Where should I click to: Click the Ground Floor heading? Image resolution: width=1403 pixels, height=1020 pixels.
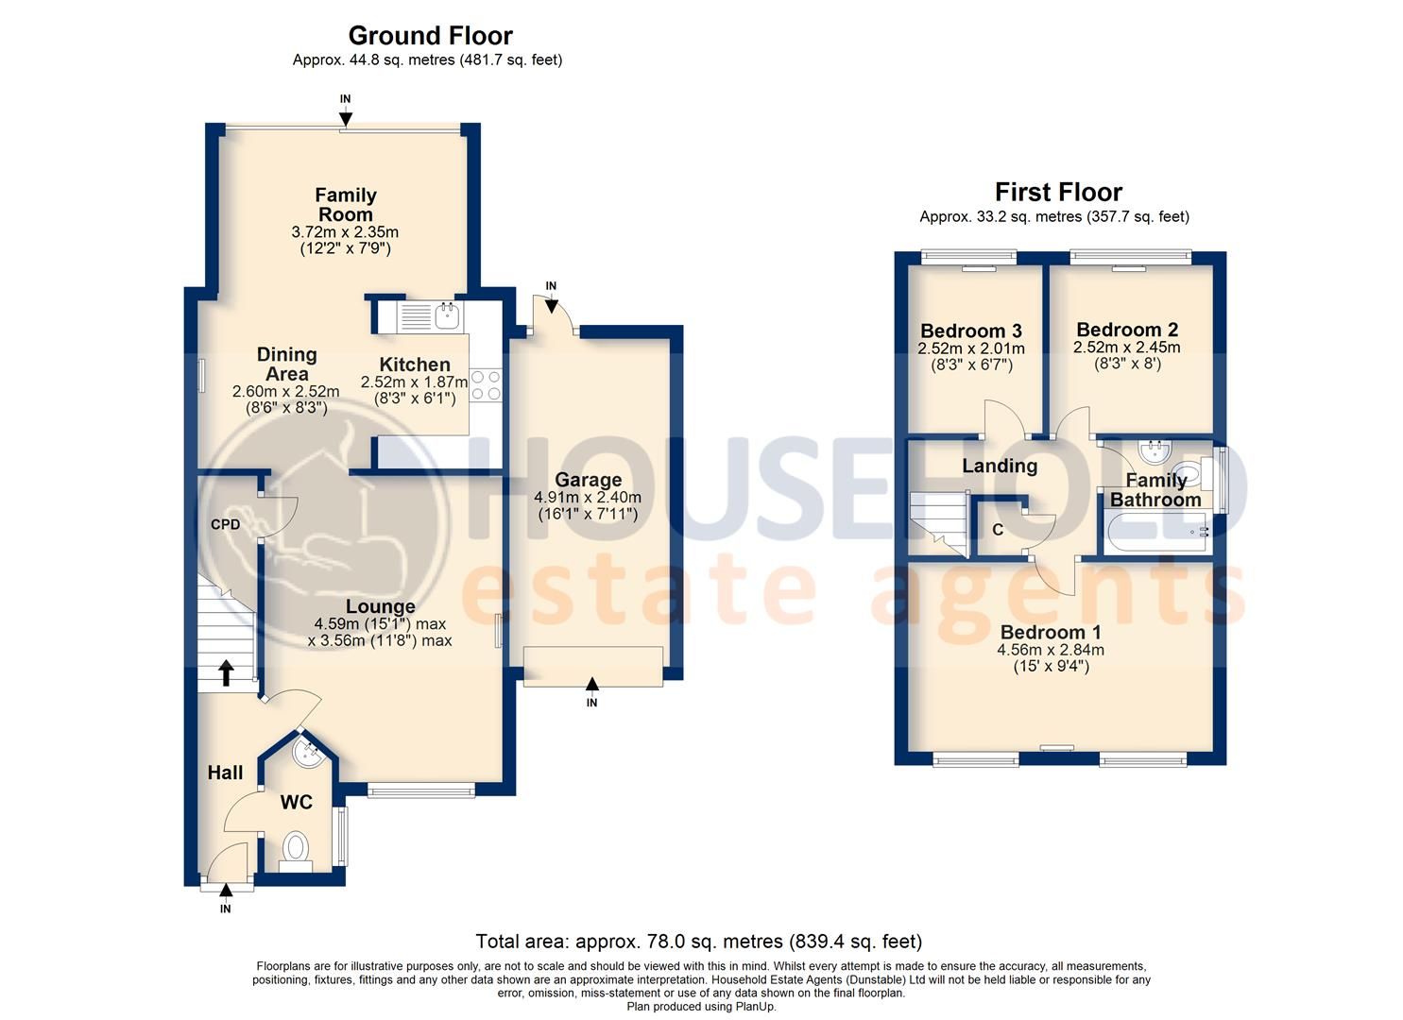click(430, 36)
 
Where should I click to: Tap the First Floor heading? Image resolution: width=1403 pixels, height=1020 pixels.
click(1058, 193)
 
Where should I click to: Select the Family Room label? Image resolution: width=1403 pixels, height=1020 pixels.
click(346, 204)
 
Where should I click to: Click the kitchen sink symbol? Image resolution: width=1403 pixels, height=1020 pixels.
click(446, 314)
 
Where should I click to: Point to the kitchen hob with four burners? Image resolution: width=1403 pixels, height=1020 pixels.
click(486, 384)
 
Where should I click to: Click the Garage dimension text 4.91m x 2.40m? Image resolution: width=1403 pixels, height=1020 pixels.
click(588, 497)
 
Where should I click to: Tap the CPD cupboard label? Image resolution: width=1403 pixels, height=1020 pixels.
click(225, 524)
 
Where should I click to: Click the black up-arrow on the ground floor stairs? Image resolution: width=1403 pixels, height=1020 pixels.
click(226, 671)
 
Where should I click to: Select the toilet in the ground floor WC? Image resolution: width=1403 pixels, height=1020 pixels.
click(296, 846)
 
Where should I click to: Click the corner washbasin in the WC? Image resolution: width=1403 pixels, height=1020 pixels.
click(307, 753)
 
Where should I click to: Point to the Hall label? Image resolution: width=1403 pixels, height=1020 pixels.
click(225, 773)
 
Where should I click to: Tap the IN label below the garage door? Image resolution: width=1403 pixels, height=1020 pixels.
click(591, 703)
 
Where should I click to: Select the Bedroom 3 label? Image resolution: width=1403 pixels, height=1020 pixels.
click(971, 331)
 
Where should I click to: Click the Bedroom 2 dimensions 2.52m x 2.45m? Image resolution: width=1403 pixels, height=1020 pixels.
click(1126, 347)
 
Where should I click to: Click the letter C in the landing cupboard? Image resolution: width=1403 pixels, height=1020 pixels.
click(998, 530)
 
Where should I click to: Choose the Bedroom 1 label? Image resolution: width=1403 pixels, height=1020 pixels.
click(1050, 632)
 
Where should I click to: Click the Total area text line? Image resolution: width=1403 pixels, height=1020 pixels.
click(698, 941)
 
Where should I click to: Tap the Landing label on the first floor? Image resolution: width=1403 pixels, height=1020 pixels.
click(1000, 466)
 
